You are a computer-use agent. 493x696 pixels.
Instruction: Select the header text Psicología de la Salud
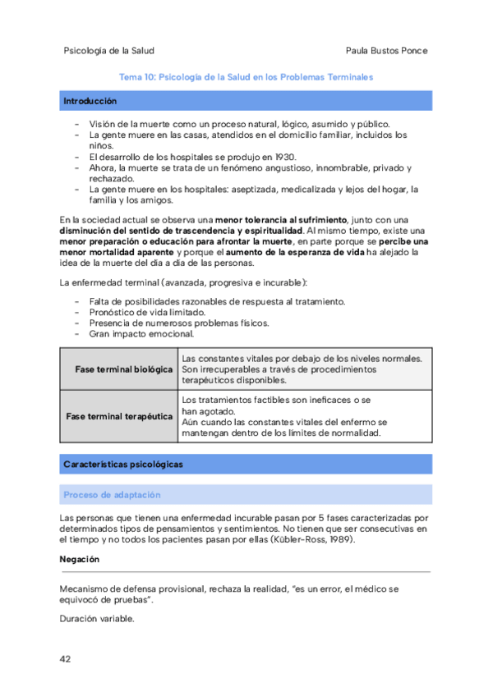108,50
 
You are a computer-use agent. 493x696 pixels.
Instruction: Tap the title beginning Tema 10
246,77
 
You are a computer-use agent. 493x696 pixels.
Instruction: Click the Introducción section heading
90,101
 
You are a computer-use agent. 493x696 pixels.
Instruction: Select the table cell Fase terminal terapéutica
119,416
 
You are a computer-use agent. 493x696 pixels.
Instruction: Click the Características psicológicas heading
122,465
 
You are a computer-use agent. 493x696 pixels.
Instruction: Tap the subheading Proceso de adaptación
112,495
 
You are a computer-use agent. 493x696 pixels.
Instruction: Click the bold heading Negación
80,559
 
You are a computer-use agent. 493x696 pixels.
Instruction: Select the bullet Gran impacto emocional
141,334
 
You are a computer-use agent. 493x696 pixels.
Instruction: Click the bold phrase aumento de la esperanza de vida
294,253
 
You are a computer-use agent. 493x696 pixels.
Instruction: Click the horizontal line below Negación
246,571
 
